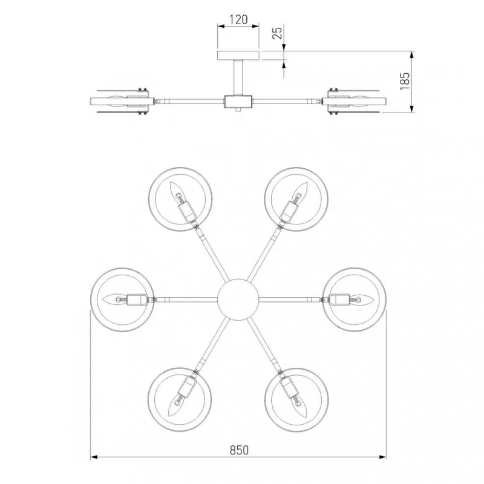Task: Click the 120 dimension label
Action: click(238, 19)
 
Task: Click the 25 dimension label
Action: click(278, 33)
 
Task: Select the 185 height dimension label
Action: click(405, 81)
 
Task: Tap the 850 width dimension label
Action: click(239, 450)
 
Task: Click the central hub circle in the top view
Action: click(238, 299)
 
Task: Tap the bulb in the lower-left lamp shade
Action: click(176, 405)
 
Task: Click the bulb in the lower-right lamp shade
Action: click(301, 405)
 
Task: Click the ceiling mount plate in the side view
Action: click(238, 56)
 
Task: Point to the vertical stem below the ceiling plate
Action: click(238, 77)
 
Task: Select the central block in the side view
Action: click(238, 101)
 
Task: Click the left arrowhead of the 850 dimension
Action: click(94, 457)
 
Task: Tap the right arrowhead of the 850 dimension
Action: click(382, 457)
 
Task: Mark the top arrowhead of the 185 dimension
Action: click(411, 55)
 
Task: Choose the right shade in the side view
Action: click(354, 102)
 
